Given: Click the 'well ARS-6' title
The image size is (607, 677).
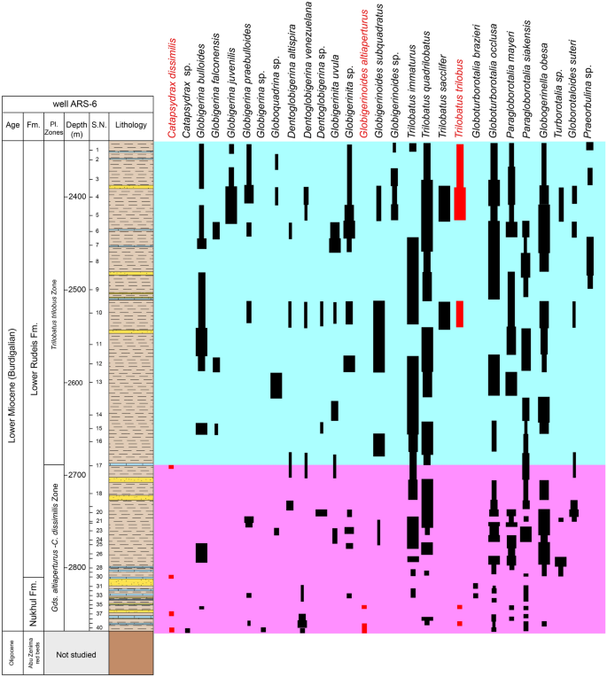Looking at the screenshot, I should tap(79, 104).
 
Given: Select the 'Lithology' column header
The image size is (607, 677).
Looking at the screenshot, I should tap(130, 125).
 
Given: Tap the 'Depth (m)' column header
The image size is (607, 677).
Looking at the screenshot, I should tap(78, 125).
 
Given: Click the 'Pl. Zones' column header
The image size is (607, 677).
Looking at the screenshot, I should tap(55, 125).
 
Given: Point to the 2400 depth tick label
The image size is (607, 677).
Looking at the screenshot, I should tap(78, 196).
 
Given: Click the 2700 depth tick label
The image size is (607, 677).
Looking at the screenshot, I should tap(78, 475).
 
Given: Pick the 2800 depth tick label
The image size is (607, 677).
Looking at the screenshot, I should tap(78, 568).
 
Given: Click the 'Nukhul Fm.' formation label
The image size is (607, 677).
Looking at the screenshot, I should tap(34, 603).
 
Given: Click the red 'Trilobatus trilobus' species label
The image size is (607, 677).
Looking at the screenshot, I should tap(460, 98).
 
